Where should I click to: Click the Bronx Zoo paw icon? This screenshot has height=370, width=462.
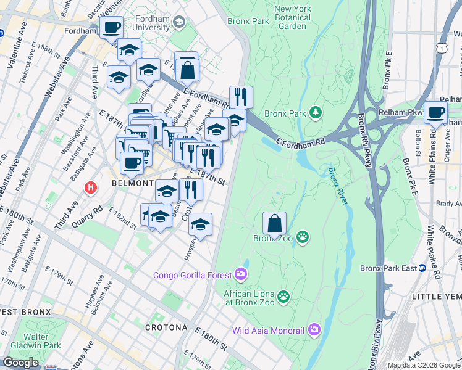[x=302, y=237]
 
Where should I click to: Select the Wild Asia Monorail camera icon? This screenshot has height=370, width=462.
[x=315, y=330]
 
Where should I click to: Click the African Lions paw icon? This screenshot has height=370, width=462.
[x=283, y=297]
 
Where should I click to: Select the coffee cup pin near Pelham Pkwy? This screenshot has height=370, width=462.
[x=435, y=113]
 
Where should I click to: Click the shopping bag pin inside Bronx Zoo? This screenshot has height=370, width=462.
[x=274, y=223]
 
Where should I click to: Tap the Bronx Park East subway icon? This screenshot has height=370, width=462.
[x=422, y=268]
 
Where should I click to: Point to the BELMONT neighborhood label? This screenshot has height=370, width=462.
[x=132, y=184]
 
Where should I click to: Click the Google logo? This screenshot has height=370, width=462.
[x=20, y=363]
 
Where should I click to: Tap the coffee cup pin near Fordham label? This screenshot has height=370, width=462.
[x=111, y=28]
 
